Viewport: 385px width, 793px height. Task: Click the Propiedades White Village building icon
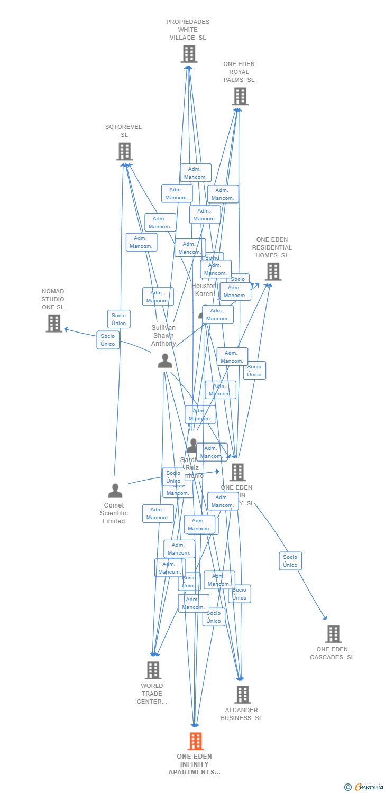pos(189,54)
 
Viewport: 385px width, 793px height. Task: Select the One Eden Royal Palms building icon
pos(240,96)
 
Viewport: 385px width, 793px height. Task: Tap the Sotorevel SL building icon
pos(124,152)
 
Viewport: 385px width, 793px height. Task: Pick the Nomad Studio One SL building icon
pos(54,323)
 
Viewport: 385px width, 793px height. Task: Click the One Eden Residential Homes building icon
pos(273,271)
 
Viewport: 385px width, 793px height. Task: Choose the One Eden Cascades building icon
pos(333,634)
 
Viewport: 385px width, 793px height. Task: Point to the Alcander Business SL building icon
pos(242,695)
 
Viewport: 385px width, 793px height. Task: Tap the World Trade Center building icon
pos(153,670)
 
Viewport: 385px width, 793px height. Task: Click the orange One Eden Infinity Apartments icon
pos(196,741)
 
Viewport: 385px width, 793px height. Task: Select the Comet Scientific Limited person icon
pos(115,491)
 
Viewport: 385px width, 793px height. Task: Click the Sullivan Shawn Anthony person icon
pos(165,361)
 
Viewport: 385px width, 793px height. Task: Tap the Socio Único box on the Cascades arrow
pos(290,561)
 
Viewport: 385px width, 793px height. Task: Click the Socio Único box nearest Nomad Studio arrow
pos(108,340)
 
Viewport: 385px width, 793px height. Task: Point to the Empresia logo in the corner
pos(364,787)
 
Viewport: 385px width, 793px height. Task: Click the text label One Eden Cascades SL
pos(332,653)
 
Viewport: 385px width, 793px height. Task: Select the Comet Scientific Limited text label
pos(114,513)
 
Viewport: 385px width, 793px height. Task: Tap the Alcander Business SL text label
pos(242,714)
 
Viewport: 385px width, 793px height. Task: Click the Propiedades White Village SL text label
pos(188,30)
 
